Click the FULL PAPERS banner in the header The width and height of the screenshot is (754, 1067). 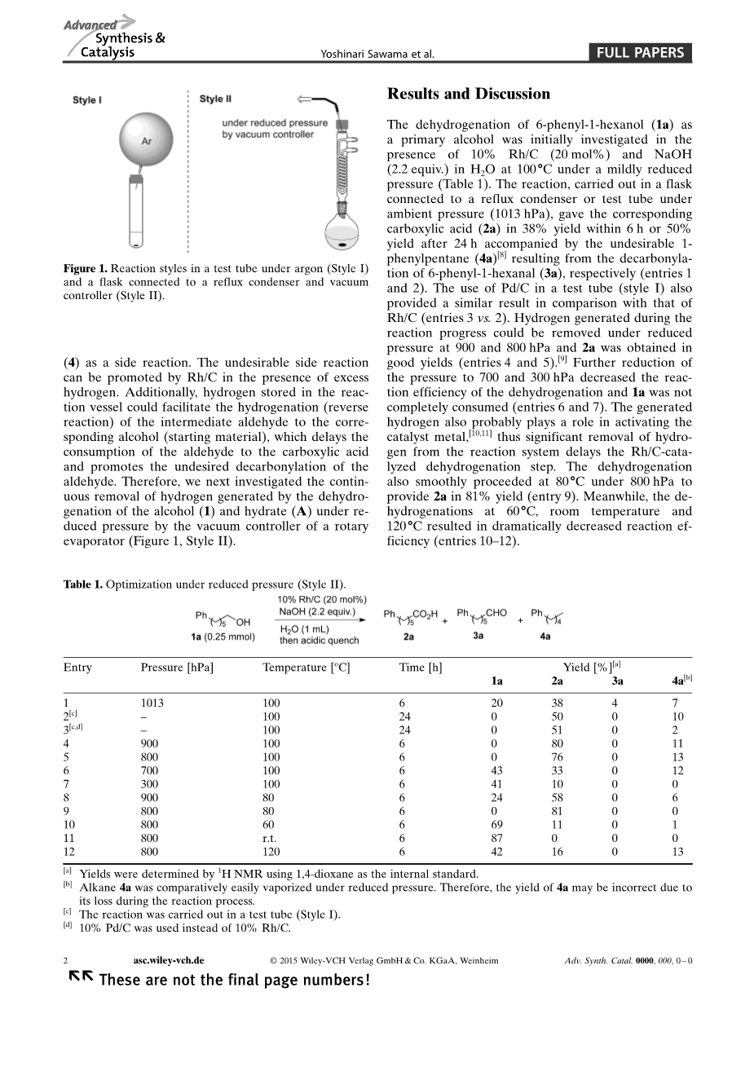coord(640,54)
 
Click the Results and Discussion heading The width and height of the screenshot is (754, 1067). coord(469,94)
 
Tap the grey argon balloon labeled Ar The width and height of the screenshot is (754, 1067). coord(147,140)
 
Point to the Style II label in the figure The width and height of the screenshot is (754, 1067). coord(215,99)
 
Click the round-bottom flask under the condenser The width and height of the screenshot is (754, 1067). coord(344,227)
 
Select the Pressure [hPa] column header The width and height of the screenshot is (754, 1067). coord(177,668)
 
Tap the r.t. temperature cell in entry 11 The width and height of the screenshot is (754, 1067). coord(270,838)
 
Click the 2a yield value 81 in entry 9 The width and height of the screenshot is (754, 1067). coord(557,811)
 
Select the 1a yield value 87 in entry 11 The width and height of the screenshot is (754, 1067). coord(496,838)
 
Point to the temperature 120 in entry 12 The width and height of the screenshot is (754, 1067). coord(271,852)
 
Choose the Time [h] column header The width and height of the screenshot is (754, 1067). coord(421,668)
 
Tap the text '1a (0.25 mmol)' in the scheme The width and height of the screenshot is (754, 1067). coord(223,637)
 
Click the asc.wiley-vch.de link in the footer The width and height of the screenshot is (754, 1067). coord(169,961)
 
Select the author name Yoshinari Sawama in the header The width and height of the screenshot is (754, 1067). coord(379,55)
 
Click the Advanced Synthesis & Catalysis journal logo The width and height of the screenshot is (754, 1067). coord(114,37)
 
